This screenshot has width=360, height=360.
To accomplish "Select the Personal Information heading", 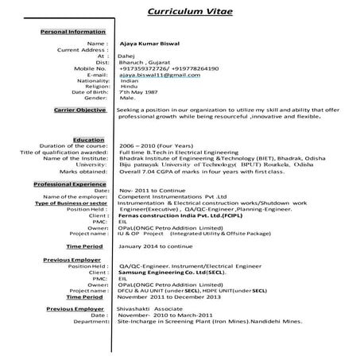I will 72,31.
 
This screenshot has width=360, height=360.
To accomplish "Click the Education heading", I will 88,139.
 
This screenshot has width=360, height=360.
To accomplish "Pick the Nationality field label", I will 93,81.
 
